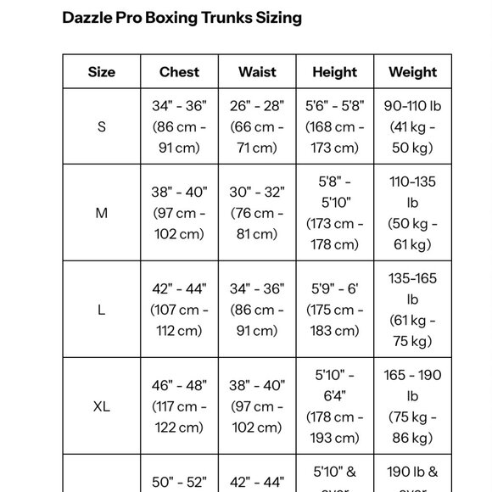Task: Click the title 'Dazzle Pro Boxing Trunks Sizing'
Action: coord(182,17)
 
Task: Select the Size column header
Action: coord(101,72)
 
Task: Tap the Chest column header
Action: coord(179,72)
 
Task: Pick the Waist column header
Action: coord(257,72)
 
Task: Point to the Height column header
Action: coord(334,72)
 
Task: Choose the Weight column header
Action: coord(412,72)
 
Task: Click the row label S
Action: coord(101,127)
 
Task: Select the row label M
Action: coord(101,213)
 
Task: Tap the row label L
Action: coord(101,310)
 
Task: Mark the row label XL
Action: coord(101,406)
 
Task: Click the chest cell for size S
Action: coord(179,127)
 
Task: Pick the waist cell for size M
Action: coord(257,213)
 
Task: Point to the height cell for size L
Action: coord(334,310)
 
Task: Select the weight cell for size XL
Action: coord(412,406)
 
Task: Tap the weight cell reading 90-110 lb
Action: coord(412,127)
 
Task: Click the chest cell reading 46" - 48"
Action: coord(179,406)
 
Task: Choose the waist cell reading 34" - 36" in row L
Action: coord(257,310)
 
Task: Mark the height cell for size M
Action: coord(334,213)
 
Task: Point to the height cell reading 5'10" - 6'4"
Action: coord(334,406)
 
